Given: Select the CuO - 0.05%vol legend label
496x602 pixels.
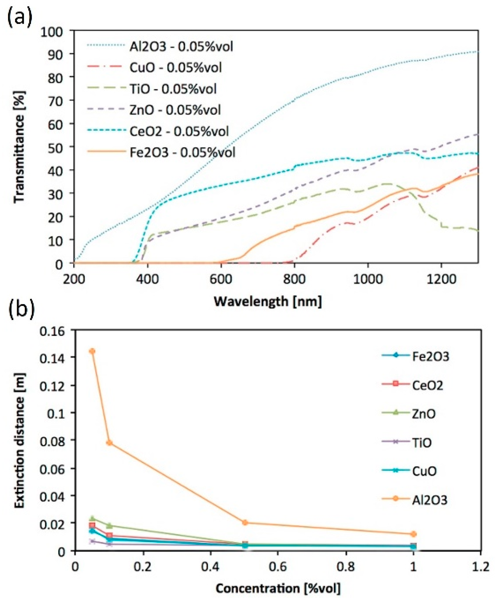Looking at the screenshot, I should pyautogui.click(x=176, y=67).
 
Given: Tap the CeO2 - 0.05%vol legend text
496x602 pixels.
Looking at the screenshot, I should pyautogui.click(x=179, y=131).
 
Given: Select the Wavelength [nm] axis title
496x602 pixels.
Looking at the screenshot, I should pyautogui.click(x=268, y=301).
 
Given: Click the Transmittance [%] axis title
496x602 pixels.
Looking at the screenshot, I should pyautogui.click(x=19, y=147).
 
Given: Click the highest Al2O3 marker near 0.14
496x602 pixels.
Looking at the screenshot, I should pyautogui.click(x=92, y=351).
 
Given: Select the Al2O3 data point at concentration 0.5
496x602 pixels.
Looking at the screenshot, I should pyautogui.click(x=245, y=522).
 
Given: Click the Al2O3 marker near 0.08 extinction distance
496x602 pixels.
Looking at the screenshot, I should pyautogui.click(x=109, y=443).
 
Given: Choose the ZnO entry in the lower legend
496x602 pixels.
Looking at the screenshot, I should pyautogui.click(x=423, y=414).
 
